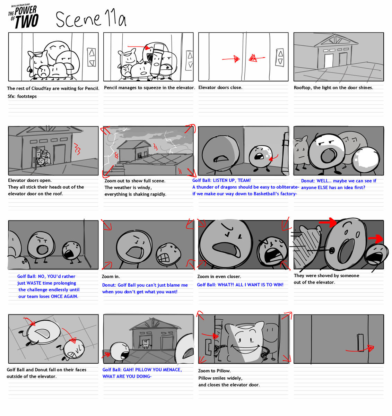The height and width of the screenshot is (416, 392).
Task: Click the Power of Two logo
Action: coord(24,17)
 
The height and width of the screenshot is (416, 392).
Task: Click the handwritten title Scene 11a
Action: coord(91,19)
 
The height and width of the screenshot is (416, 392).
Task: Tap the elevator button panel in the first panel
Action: coord(92,57)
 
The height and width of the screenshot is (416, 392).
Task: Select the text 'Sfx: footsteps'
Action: coord(22,96)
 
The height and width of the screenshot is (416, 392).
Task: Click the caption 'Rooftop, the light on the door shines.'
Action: coord(333,88)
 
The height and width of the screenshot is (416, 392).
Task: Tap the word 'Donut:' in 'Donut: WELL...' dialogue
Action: coord(308,181)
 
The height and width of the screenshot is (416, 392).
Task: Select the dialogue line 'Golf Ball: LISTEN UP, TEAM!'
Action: coord(221,180)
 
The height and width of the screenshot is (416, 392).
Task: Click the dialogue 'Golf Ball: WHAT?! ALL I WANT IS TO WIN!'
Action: coord(240,285)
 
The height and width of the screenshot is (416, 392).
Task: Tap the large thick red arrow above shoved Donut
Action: coord(328,222)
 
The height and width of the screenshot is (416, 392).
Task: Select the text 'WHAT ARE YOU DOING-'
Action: coord(127,376)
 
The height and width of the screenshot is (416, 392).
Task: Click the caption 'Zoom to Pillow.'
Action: coord(214,371)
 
